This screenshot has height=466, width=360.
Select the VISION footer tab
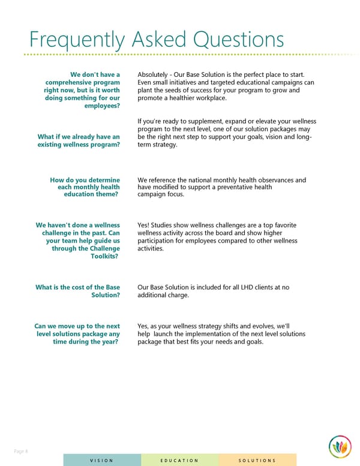[101, 461]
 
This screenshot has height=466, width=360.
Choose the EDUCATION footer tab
[179, 461]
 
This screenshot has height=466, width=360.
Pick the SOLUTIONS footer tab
[257, 461]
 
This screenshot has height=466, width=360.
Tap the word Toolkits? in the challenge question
[105, 256]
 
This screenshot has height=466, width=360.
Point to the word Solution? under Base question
[106, 295]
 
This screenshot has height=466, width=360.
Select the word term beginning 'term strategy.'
[145, 144]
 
